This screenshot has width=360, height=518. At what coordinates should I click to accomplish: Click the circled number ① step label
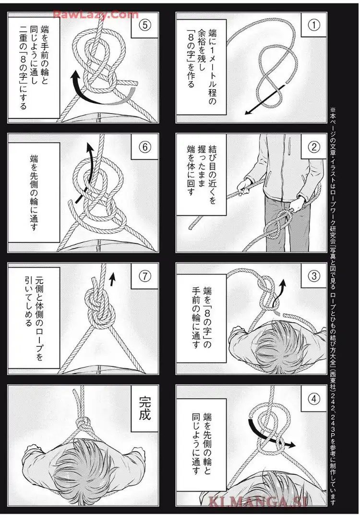[x=313, y=25]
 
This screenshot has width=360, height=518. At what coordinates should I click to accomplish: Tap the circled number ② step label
[x=313, y=146]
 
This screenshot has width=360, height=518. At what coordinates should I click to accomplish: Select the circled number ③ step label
[x=313, y=275]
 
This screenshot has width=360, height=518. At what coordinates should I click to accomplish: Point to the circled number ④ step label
[x=313, y=399]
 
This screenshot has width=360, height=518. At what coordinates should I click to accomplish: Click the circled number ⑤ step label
[x=145, y=25]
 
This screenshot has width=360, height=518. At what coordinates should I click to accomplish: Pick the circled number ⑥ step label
[x=145, y=146]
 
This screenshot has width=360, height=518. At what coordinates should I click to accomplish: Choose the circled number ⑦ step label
[x=145, y=275]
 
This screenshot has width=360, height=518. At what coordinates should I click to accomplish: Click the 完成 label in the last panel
[x=145, y=408]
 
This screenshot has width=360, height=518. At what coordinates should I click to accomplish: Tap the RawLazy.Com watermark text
[x=96, y=14]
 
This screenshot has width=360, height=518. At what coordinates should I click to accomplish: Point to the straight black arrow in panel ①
[x=264, y=100]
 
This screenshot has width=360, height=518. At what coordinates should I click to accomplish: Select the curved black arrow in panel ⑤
[x=99, y=89]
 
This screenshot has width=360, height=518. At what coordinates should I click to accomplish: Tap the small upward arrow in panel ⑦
[x=112, y=279]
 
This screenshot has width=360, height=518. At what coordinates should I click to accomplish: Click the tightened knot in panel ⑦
[x=98, y=306]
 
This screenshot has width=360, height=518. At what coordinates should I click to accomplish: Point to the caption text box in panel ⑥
[x=34, y=193]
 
